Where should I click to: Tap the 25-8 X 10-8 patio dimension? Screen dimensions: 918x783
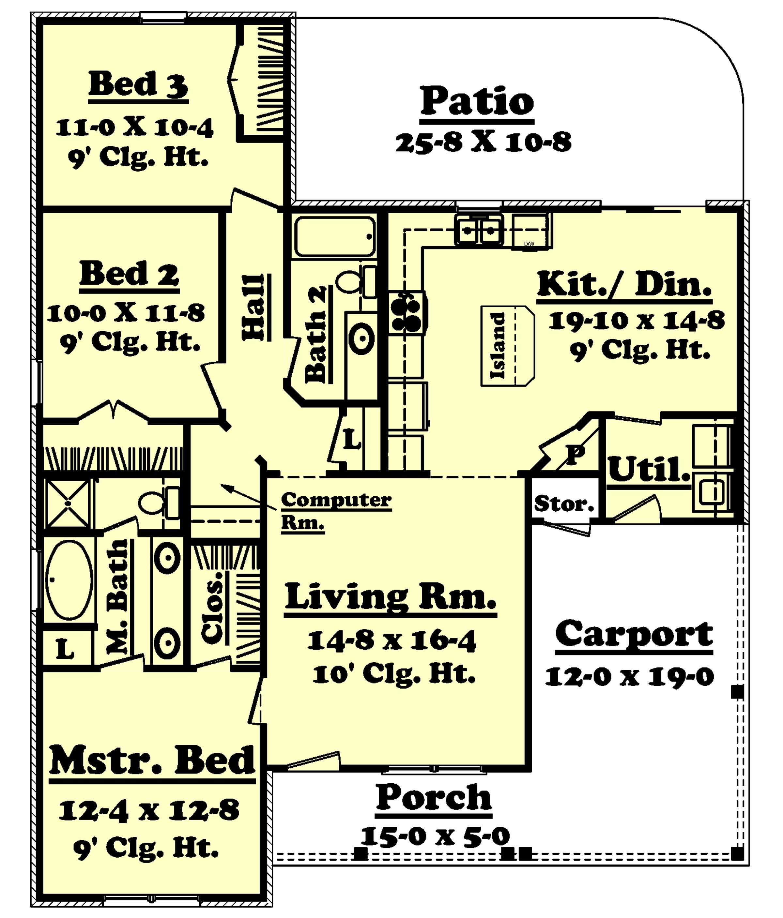[x=483, y=143]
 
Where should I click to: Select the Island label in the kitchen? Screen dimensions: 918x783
[x=498, y=346]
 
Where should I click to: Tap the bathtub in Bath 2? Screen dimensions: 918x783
[x=335, y=236]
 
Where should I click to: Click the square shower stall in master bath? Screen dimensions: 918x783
[x=68, y=503]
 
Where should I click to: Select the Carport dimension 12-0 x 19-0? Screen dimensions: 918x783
[x=629, y=677]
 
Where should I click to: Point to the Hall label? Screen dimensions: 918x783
[x=253, y=307]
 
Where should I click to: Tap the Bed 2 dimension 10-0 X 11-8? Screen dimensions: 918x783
[x=126, y=314]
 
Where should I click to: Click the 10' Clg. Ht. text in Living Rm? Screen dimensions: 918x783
[x=393, y=675]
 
